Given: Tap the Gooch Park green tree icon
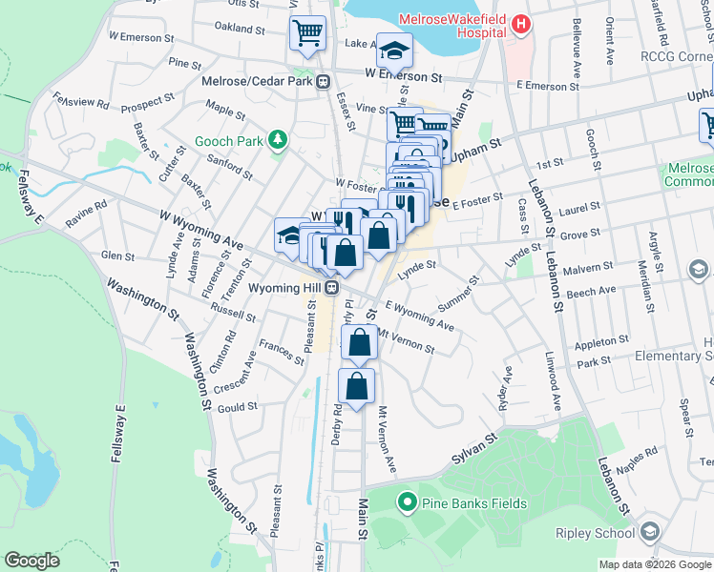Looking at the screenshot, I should point(278,142).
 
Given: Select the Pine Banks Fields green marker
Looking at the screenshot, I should point(407,500).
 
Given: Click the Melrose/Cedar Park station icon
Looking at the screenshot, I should point(325,81).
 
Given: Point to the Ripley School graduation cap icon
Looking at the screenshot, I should point(650,532).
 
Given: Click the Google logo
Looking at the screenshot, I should point(32,561).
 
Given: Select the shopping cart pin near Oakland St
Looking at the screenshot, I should point(308,34).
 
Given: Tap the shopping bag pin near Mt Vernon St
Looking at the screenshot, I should point(359,343).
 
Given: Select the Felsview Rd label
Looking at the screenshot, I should point(82,101).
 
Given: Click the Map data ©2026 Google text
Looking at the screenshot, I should point(654,564).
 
